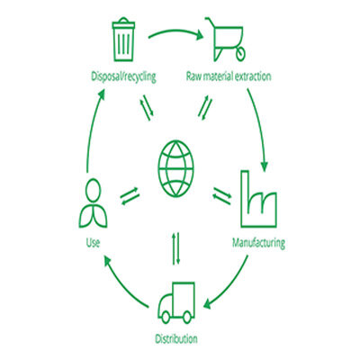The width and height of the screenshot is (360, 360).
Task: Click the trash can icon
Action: point(123,40)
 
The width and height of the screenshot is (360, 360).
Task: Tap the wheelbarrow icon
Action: point(226,39)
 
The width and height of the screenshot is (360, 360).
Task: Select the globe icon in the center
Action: point(175,168)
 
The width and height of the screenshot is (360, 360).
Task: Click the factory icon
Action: point(258,199)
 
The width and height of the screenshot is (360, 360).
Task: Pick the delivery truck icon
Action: point(176,303)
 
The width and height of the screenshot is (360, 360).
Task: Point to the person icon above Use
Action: point(93,203)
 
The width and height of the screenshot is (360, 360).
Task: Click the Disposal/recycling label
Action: point(123,76)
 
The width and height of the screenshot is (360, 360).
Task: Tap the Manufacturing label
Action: point(258,242)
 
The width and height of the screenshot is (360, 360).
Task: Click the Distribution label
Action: point(176,339)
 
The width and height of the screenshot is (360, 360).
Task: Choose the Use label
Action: point(93,243)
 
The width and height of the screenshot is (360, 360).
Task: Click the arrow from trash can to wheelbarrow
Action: point(175,31)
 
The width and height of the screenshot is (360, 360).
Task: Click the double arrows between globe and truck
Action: point(176,248)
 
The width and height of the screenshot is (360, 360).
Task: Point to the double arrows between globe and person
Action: point(130,196)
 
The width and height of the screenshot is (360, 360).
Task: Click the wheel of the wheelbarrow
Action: point(240,54)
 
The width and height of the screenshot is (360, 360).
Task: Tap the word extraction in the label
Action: point(253,76)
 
